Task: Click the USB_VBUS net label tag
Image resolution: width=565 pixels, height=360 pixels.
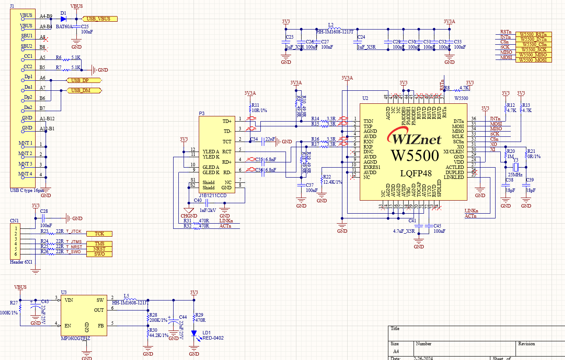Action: [x=99, y=19]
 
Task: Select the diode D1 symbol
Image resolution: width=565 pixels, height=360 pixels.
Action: [x=64, y=19]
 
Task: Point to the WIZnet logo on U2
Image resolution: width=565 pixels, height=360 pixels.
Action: [x=417, y=139]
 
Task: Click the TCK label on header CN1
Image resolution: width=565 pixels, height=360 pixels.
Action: [x=99, y=234]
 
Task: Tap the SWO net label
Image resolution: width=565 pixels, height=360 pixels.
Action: [x=99, y=254]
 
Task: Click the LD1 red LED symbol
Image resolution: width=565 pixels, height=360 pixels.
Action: [x=194, y=334]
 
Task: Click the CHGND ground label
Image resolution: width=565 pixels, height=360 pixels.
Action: [x=188, y=216]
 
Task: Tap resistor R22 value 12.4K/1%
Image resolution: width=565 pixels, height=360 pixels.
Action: [x=332, y=182]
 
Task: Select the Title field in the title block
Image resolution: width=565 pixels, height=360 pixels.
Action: [x=395, y=329]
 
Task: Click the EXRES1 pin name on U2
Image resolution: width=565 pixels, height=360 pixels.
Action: [x=372, y=167]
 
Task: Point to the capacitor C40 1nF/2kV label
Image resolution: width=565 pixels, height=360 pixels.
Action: [x=208, y=211]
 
